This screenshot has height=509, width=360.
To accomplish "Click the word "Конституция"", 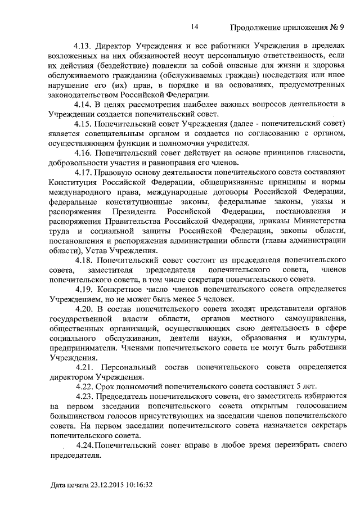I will pyautogui.click(x=74, y=182).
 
